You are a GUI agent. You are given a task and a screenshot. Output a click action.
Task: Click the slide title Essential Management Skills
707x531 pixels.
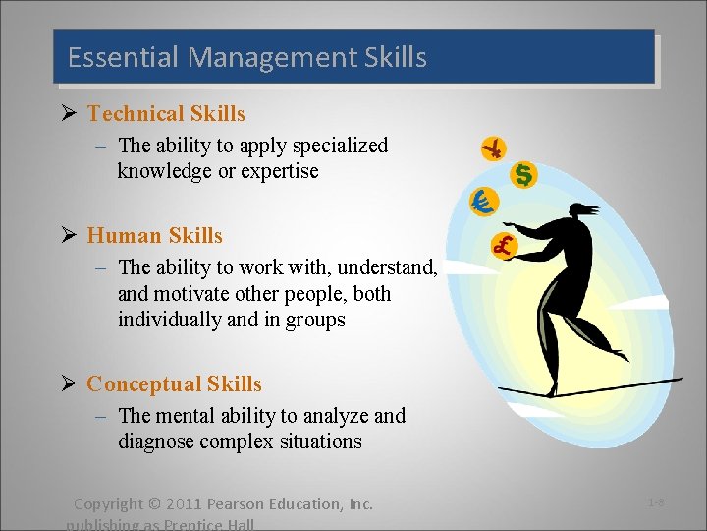click(x=246, y=57)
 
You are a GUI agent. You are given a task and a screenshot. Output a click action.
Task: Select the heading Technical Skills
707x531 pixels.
click(x=166, y=114)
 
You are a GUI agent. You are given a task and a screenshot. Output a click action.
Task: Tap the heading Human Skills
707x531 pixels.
click(x=154, y=236)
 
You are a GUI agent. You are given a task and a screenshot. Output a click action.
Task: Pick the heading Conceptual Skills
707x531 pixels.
click(x=174, y=384)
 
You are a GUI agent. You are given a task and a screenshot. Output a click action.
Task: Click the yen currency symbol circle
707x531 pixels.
click(x=494, y=148)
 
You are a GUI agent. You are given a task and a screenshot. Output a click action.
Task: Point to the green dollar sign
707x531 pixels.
click(x=525, y=175)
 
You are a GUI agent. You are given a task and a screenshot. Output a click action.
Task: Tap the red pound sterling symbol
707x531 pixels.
click(x=505, y=246)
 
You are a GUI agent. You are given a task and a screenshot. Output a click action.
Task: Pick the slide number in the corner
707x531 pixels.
click(x=656, y=503)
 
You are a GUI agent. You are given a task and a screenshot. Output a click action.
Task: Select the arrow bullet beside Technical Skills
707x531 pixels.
click(x=71, y=115)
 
